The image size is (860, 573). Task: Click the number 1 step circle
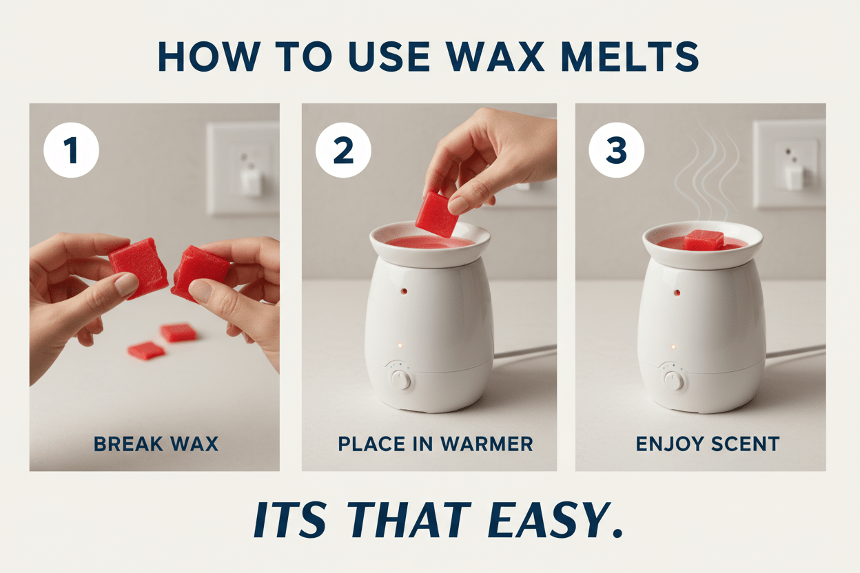(x=71, y=150)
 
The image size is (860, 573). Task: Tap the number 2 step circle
(x=343, y=150)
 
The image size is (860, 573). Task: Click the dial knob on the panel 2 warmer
(x=400, y=378)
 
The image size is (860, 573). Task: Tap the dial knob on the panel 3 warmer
(x=673, y=379)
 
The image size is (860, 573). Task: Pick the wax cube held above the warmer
(x=437, y=214)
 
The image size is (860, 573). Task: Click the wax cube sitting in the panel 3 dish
(x=704, y=240)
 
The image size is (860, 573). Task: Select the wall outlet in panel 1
(x=243, y=168)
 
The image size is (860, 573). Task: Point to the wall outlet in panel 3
(x=789, y=164)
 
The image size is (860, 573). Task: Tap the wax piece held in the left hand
(x=139, y=266)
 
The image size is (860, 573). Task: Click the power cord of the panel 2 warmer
(x=524, y=353)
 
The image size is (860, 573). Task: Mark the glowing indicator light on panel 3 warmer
(x=674, y=346)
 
